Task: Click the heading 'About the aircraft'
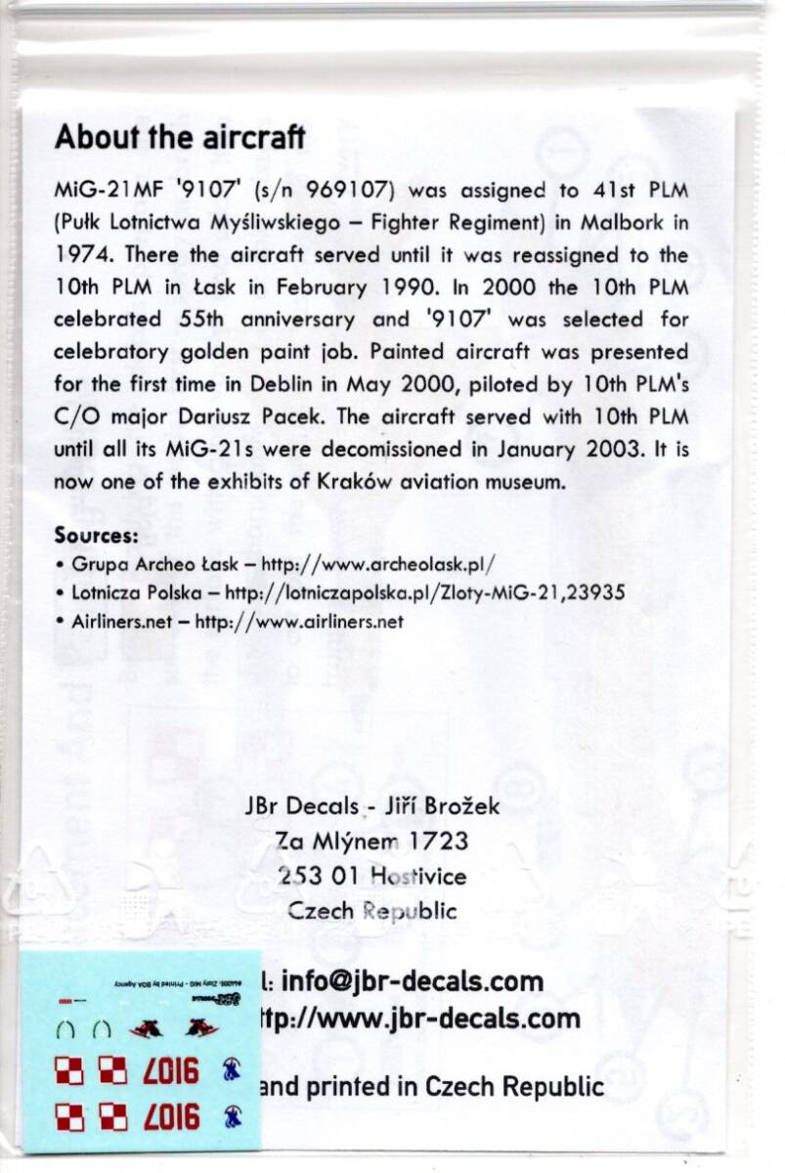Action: coord(180,137)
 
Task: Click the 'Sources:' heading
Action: coord(96,536)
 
